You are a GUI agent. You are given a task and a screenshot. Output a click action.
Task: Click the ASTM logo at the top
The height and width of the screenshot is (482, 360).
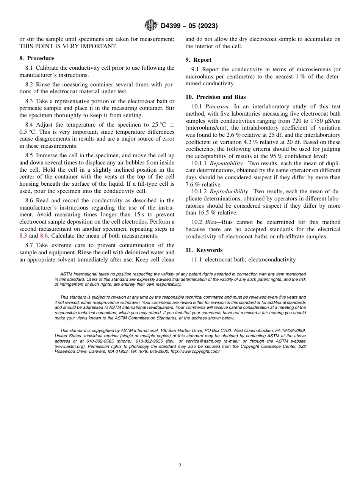[x=151, y=26]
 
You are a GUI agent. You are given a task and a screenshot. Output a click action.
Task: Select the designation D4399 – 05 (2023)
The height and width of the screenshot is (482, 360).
[x=189, y=26]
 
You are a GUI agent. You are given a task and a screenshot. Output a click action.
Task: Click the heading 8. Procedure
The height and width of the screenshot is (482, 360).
[x=37, y=58]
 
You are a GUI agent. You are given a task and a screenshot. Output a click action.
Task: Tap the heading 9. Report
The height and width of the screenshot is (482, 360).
[x=199, y=60]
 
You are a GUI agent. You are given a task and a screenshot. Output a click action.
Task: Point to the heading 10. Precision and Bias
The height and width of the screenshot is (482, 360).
[x=216, y=97]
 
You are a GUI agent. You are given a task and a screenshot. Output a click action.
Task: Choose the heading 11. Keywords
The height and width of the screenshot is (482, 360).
[x=204, y=250]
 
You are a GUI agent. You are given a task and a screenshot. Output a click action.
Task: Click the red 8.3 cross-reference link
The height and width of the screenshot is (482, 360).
[x=23, y=236]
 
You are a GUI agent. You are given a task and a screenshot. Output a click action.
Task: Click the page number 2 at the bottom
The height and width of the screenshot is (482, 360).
[x=180, y=466]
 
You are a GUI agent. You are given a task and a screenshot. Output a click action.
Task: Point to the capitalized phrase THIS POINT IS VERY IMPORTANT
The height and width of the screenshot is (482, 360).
[x=68, y=46]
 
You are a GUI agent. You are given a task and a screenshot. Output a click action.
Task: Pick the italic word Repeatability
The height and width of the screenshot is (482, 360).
[x=226, y=163]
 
